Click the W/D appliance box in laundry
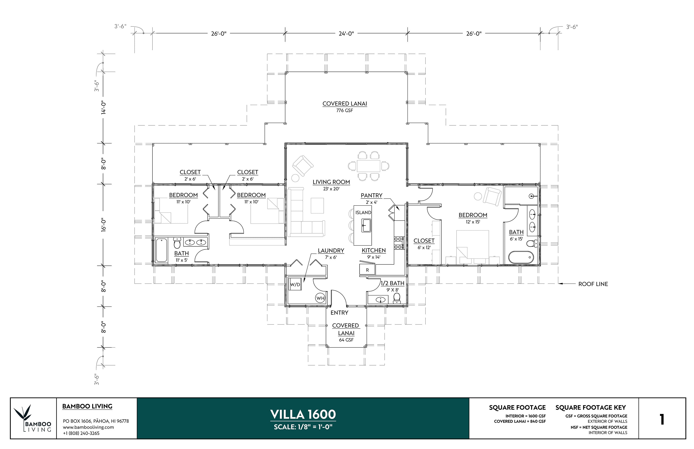coord(295,285)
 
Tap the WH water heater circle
coord(320,298)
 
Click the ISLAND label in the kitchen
coord(363,213)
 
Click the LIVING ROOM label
coord(331,182)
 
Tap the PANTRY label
coord(371,195)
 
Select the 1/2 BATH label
coord(392,283)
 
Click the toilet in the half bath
coord(396,298)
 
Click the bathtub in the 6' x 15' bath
coord(521,257)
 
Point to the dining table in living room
coord(368,166)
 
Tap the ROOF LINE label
coord(593,284)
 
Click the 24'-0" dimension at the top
coord(346,34)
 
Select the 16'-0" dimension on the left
coord(104,225)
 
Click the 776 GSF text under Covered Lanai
coord(345,110)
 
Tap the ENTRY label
coord(339,313)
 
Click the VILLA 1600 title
coord(303,414)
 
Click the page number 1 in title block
coord(662,419)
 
